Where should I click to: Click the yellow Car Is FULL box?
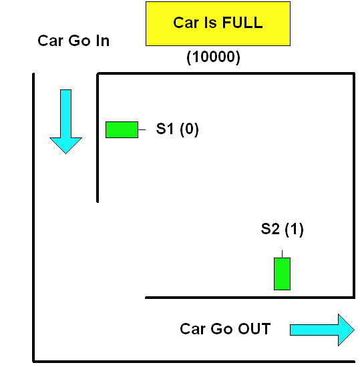tap(218, 23)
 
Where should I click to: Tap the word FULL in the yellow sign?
tap(242, 23)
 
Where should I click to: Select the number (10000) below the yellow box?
tap(213, 57)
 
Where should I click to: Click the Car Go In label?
tap(73, 41)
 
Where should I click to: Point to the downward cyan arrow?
tap(66, 121)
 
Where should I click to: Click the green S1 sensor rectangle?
tap(122, 129)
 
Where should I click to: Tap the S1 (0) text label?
tap(177, 129)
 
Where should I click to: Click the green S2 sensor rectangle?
tap(283, 274)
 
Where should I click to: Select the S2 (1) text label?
tap(283, 229)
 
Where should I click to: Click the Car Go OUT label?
tap(225, 329)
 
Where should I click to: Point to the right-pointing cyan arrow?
tap(323, 330)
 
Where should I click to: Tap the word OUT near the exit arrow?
tap(254, 329)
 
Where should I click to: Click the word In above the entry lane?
tap(103, 41)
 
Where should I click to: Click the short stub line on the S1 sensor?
tap(142, 129)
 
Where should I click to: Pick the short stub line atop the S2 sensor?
tap(283, 254)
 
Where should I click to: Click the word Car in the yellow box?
tap(186, 23)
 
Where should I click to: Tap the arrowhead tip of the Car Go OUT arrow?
tap(354, 330)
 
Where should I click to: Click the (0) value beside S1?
tap(189, 129)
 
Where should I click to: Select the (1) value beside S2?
tap(294, 229)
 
